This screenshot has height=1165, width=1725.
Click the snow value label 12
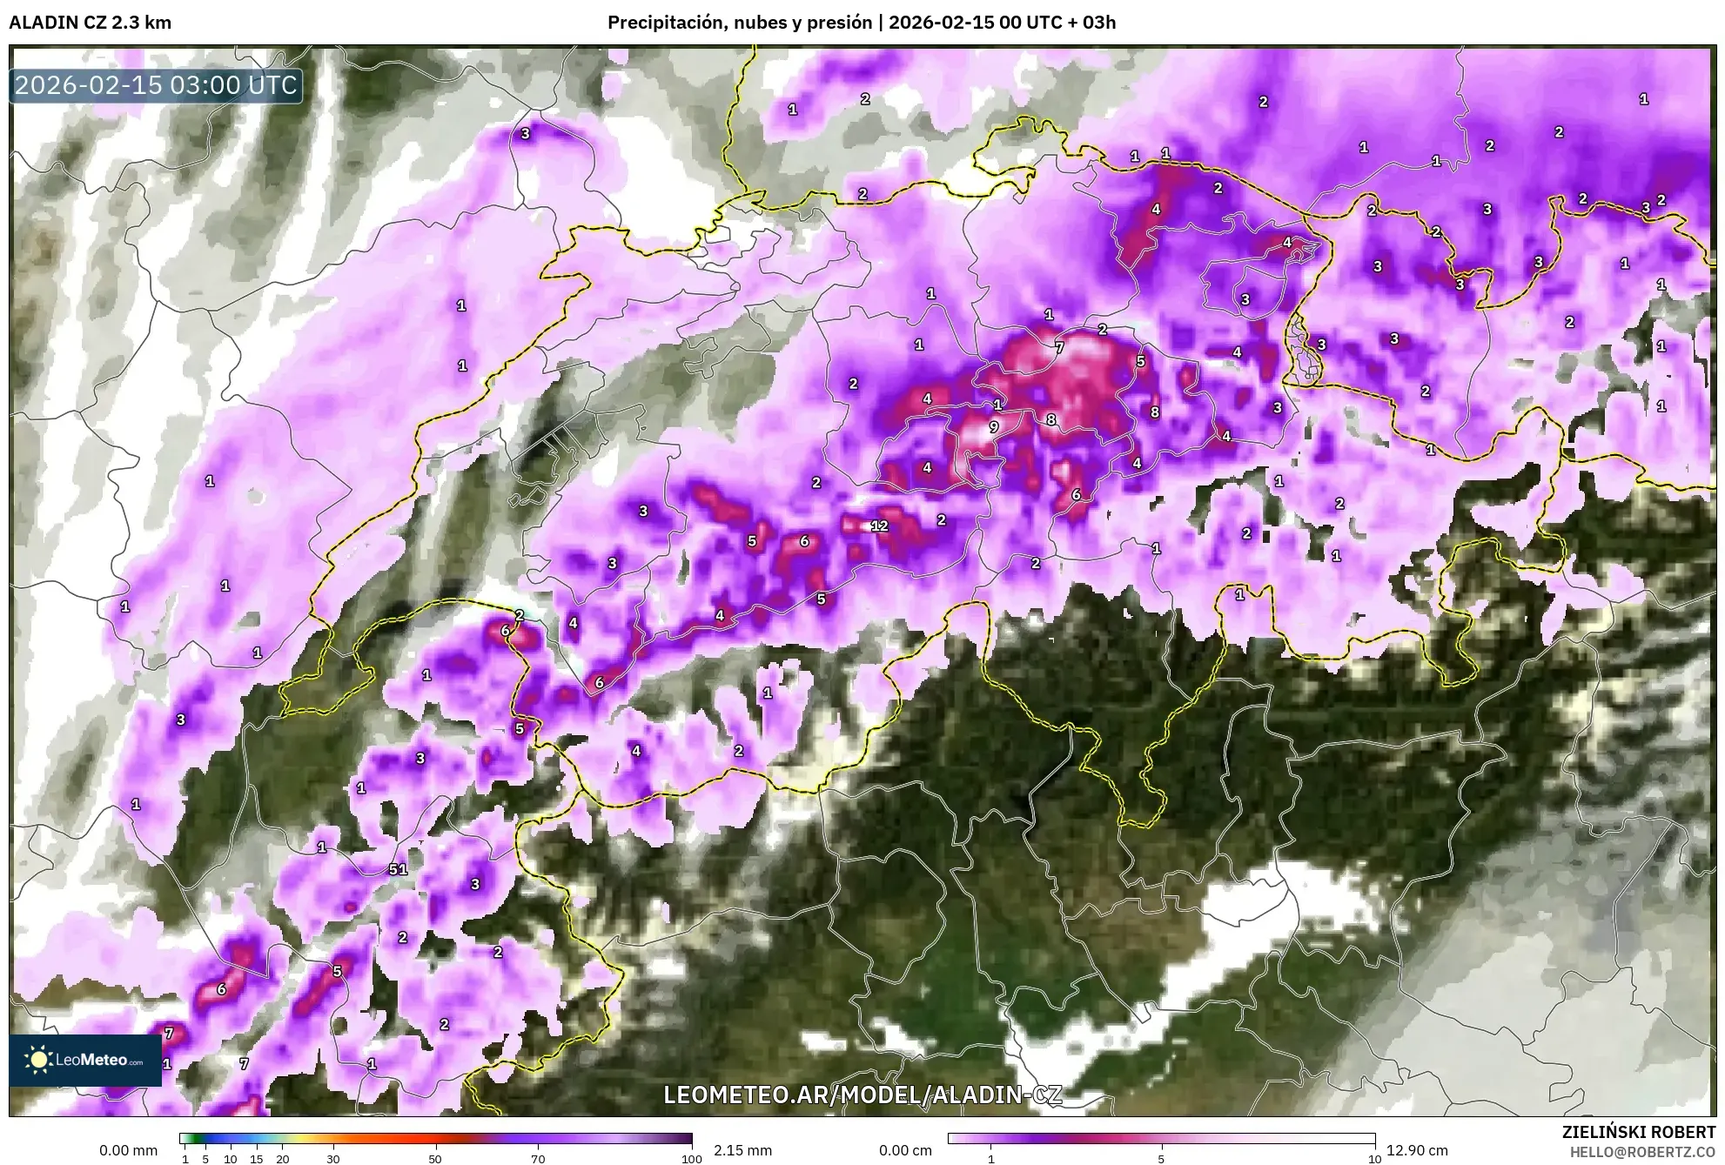(879, 526)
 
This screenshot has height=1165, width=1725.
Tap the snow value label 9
(993, 427)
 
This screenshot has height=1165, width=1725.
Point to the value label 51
(398, 869)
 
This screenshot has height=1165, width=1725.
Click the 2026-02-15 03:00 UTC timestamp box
(157, 85)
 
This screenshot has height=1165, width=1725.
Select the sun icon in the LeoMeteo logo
(38, 1059)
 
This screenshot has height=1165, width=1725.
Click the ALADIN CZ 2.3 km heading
(90, 23)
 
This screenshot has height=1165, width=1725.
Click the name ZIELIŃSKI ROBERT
(1639, 1133)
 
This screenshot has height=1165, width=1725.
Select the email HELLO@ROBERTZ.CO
(1642, 1151)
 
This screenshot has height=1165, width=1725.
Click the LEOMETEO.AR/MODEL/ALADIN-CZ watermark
(862, 1095)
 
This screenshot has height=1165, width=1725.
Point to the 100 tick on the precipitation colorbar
(691, 1159)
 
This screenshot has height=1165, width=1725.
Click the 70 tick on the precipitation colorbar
(538, 1159)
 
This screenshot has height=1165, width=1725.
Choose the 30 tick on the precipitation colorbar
(333, 1159)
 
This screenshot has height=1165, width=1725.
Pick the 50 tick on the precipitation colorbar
(435, 1159)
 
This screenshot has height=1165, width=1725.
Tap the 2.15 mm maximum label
(742, 1150)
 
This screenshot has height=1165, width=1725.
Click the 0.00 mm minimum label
(128, 1150)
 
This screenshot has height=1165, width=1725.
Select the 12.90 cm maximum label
(1418, 1150)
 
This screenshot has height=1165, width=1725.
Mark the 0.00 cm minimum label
(905, 1150)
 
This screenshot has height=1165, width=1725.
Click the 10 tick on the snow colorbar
(1374, 1159)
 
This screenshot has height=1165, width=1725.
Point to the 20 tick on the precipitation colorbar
(282, 1159)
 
